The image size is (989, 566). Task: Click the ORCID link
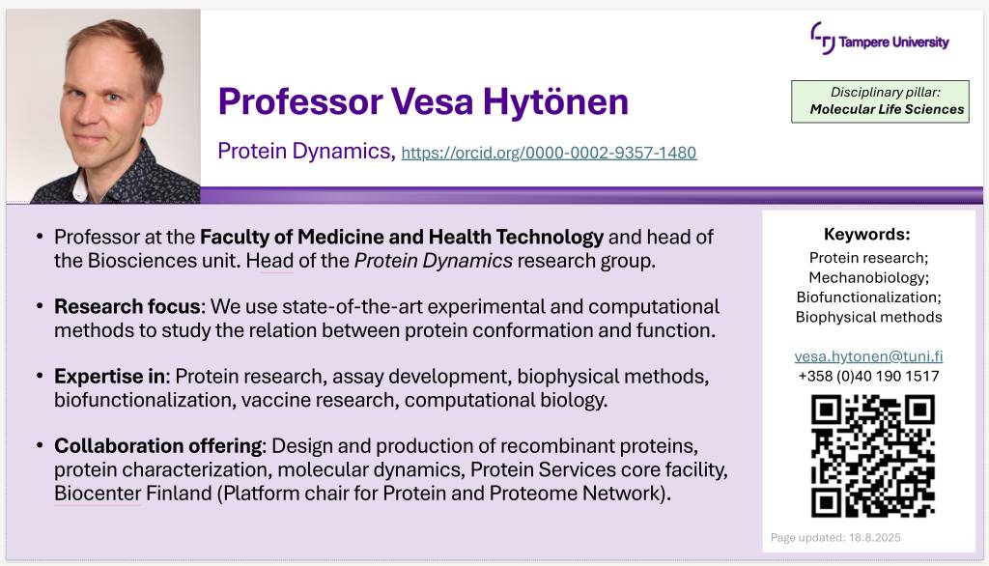(549, 153)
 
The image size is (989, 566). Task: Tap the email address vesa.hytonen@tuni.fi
(868, 356)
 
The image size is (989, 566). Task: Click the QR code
(873, 456)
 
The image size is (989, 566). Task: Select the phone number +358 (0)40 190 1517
(868, 376)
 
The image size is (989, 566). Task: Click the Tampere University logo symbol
(823, 38)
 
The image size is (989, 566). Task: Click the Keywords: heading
(866, 234)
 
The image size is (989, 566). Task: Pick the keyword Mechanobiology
(867, 277)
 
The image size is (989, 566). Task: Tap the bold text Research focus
(127, 306)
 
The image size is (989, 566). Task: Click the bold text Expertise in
(110, 376)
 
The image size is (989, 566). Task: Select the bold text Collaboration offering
(157, 446)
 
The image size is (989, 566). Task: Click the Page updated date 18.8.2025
(875, 538)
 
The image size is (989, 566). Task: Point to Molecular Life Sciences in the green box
(887, 109)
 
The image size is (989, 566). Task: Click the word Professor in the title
(300, 101)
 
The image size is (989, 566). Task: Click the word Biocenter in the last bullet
(98, 493)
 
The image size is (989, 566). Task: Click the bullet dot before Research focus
(40, 306)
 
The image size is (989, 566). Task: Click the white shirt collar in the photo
(79, 186)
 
